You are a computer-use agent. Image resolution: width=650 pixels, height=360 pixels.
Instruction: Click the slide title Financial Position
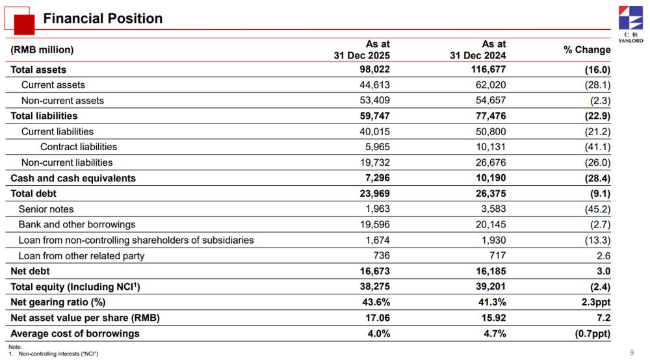pyautogui.click(x=103, y=19)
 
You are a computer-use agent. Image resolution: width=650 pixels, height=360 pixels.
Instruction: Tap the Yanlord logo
pyautogui.click(x=630, y=24)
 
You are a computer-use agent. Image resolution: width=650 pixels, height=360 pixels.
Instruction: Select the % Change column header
pyautogui.click(x=587, y=50)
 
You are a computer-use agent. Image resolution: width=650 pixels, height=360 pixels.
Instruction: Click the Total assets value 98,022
pyautogui.click(x=375, y=69)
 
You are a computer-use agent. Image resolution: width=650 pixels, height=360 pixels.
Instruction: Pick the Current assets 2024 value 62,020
pyautogui.click(x=490, y=85)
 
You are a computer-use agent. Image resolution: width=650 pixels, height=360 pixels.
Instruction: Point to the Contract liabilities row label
pyautogui.click(x=79, y=147)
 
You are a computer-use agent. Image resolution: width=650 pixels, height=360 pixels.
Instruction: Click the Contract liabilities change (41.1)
pyautogui.click(x=597, y=147)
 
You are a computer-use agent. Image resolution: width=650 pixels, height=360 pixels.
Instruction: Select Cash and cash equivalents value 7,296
pyautogui.click(x=378, y=178)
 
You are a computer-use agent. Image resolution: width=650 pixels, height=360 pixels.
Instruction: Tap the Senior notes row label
pyautogui.click(x=46, y=209)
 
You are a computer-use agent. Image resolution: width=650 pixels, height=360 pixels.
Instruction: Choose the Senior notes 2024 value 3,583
pyautogui.click(x=493, y=209)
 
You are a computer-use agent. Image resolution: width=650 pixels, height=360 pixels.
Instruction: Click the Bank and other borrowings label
pyautogui.click(x=77, y=225)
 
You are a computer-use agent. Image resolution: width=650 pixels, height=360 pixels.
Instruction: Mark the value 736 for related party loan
pyautogui.click(x=382, y=255)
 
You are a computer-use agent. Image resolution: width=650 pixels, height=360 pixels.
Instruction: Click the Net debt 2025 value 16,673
pyautogui.click(x=375, y=272)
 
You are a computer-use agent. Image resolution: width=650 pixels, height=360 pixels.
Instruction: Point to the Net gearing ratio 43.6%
pyautogui.click(x=376, y=302)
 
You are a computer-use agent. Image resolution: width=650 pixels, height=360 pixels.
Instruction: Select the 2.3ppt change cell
pyautogui.click(x=595, y=302)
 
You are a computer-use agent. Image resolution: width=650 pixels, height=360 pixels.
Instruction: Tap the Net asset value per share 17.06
pyautogui.click(x=378, y=318)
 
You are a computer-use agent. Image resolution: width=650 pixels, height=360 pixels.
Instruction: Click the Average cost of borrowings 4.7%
pyautogui.click(x=495, y=333)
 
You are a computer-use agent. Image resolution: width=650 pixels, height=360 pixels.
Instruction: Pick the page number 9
pyautogui.click(x=632, y=353)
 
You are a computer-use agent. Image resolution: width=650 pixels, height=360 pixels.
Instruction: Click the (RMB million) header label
pyautogui.click(x=42, y=50)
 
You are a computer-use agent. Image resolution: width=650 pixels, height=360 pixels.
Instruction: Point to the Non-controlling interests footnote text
pyautogui.click(x=58, y=354)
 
